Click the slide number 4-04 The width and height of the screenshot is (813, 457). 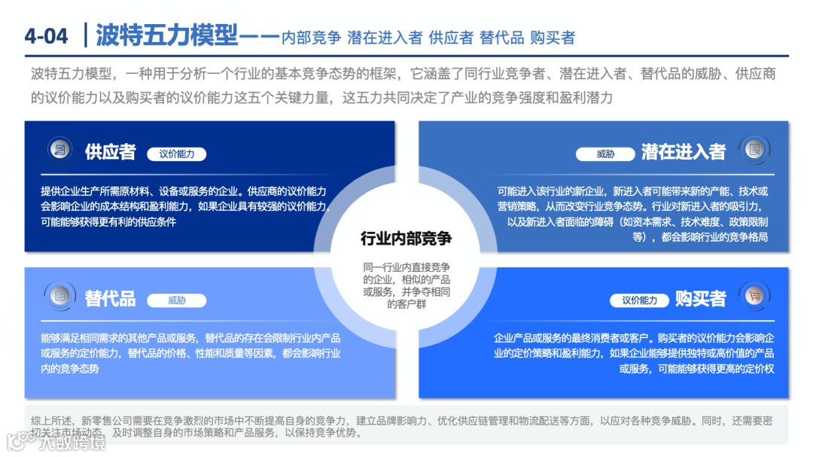[x=47, y=35]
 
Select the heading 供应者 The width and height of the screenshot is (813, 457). [x=110, y=152]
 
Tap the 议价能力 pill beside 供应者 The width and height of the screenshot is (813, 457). [x=176, y=154]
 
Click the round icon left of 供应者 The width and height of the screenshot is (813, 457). [x=59, y=151]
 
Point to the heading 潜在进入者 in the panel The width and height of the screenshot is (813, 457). [x=683, y=152]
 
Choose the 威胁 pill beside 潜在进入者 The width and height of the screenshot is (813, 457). [x=605, y=154]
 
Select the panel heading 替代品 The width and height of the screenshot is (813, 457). [x=110, y=298]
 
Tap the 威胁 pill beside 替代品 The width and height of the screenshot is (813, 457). [x=176, y=300]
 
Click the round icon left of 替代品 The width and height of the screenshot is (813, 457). [x=59, y=297]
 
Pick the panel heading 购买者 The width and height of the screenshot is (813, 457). [x=700, y=298]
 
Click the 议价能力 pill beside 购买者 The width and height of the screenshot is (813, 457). [x=639, y=300]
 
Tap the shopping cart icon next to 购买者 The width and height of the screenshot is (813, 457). [x=753, y=297]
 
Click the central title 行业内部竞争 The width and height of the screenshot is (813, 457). [x=406, y=239]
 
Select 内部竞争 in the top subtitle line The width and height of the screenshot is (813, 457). [x=311, y=37]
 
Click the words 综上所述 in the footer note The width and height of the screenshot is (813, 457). [x=50, y=421]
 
